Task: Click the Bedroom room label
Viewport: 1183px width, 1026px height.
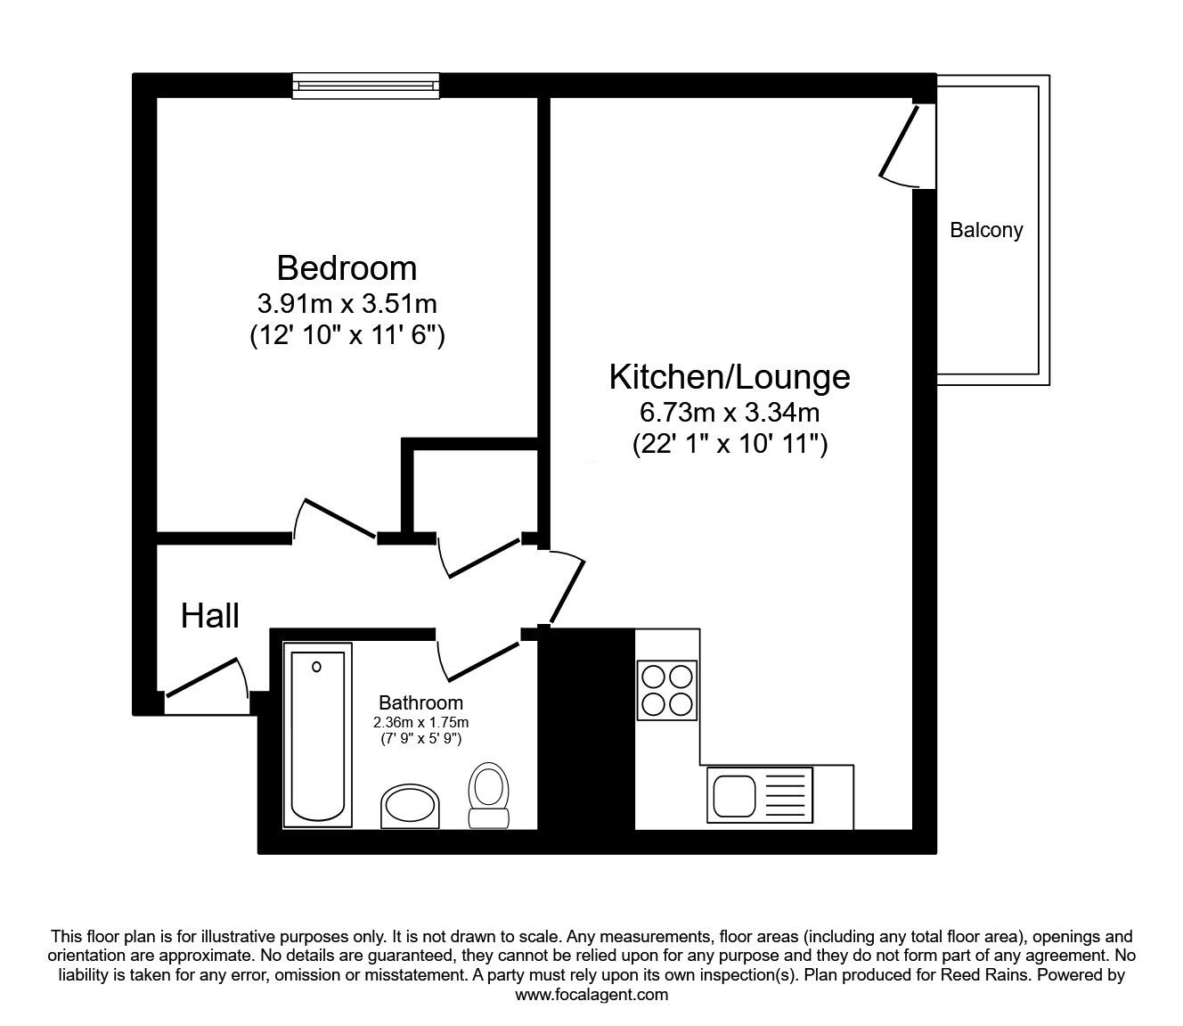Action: tap(347, 268)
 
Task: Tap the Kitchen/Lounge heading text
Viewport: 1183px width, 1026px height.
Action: tap(730, 377)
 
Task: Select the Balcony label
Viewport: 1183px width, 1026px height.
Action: tap(986, 230)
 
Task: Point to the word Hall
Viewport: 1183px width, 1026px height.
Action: tap(209, 616)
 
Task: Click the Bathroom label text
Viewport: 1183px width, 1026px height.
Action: tap(420, 702)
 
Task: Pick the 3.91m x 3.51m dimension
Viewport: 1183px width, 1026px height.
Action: tap(347, 304)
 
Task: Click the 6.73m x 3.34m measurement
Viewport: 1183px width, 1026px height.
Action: tap(730, 412)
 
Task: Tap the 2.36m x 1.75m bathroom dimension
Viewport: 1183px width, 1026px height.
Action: tap(420, 722)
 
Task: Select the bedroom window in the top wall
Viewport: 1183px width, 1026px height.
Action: tap(366, 86)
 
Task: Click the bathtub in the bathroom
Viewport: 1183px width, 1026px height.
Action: tap(318, 735)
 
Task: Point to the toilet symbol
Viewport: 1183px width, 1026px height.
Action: tap(489, 795)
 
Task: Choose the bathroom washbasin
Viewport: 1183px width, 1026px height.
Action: tap(410, 807)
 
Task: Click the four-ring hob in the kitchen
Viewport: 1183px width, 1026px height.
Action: tap(666, 690)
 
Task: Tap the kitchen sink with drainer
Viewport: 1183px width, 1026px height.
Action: tap(760, 795)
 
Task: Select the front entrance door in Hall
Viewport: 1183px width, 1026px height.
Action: tap(207, 678)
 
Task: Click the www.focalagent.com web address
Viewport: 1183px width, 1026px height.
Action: tap(591, 995)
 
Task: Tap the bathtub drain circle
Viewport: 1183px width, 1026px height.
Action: tap(316, 666)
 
